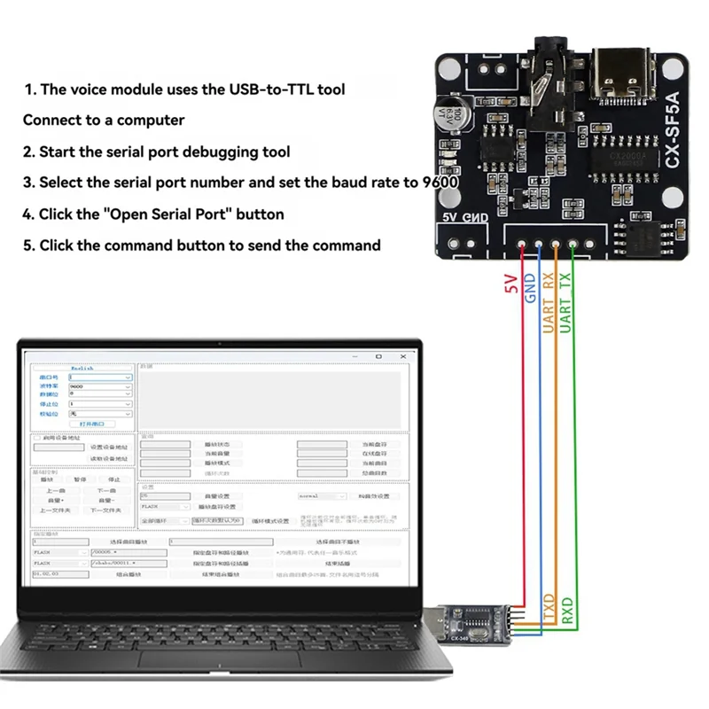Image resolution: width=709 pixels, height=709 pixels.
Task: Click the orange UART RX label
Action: tap(549, 302)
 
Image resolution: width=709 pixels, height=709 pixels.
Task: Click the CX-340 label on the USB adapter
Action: tap(458, 636)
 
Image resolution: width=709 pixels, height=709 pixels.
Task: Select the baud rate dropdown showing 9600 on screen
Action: tap(99, 386)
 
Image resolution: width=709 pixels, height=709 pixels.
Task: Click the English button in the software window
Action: tap(82, 368)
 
